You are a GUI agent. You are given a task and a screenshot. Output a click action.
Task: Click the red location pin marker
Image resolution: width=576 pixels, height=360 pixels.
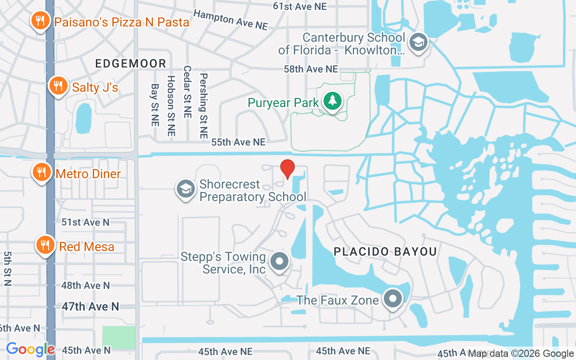click(288, 169)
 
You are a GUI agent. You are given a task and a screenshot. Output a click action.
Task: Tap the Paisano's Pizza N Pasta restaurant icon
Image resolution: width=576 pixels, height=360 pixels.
click(40, 21)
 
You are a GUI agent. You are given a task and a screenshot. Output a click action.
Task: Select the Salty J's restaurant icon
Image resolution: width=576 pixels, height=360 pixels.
click(58, 85)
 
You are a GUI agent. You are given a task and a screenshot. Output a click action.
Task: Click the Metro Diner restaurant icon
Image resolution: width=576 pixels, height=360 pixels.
click(41, 172)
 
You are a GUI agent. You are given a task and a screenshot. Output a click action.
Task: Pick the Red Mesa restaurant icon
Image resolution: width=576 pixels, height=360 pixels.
click(45, 245)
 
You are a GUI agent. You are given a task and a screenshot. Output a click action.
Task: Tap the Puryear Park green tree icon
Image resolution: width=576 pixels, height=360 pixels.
click(332, 101)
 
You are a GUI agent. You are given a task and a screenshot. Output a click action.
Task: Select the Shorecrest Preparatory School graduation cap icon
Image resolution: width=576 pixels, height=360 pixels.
click(185, 189)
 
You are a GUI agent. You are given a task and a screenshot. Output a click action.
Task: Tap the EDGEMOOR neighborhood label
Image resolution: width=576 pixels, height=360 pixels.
click(130, 63)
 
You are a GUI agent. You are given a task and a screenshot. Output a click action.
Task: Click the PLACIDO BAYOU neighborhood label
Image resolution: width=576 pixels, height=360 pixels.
click(385, 252)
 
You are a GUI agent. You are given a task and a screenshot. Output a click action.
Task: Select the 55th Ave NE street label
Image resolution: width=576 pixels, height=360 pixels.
click(238, 142)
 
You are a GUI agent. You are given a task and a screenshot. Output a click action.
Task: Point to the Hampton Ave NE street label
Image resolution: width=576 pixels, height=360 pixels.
click(230, 20)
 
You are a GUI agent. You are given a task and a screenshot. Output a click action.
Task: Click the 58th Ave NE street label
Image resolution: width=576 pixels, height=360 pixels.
click(310, 69)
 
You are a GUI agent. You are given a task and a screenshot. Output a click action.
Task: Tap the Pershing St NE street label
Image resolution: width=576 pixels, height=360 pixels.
click(204, 106)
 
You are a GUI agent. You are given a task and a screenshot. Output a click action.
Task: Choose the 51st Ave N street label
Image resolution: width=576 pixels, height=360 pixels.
click(85, 222)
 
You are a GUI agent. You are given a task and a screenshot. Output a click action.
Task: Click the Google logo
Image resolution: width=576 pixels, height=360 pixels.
click(30, 349)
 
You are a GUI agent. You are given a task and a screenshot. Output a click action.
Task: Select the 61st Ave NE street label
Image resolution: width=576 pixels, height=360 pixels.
click(300, 6)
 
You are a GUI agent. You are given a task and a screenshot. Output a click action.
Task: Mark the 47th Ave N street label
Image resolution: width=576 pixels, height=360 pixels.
click(90, 306)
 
